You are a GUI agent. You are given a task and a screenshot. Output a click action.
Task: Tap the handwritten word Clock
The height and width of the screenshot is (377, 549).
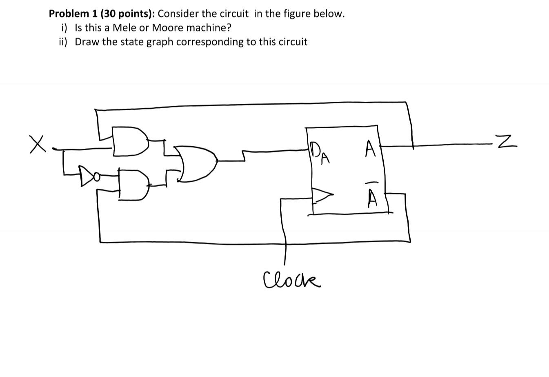click(x=292, y=280)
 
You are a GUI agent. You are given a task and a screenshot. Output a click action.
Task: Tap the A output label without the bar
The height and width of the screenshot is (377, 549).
click(x=370, y=148)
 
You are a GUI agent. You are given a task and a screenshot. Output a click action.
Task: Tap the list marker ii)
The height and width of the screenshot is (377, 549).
click(x=63, y=42)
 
